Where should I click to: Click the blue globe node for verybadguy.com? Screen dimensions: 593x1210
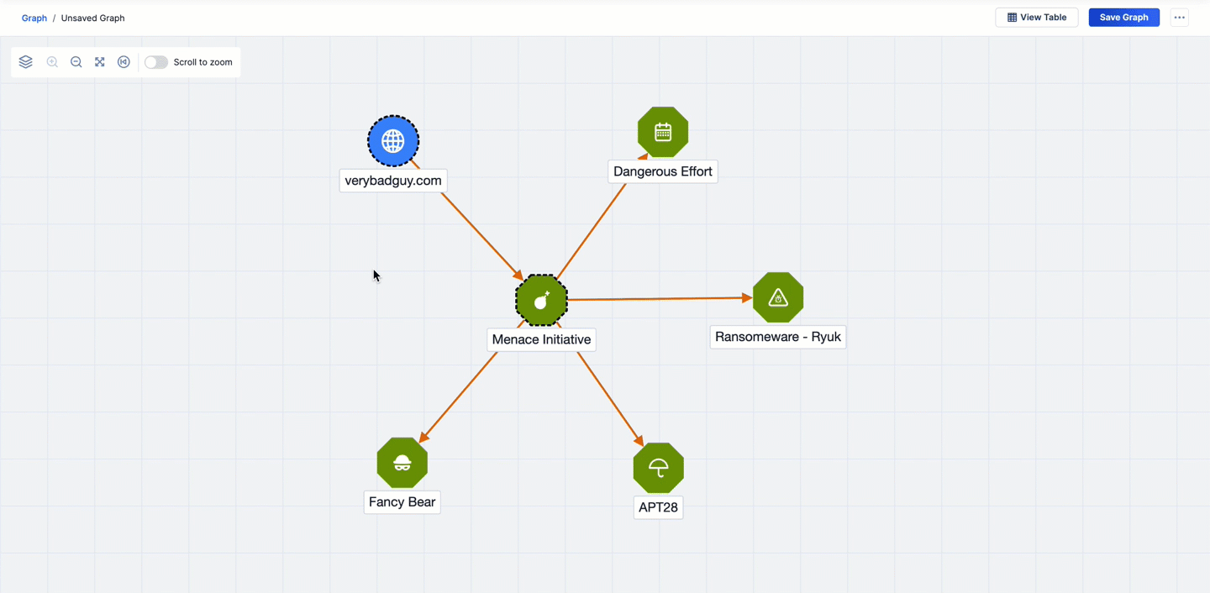[393, 141]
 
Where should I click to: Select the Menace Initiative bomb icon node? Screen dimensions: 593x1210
[541, 300]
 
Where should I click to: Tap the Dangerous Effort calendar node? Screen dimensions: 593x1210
[663, 132]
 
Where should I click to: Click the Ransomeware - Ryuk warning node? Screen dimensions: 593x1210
[778, 297]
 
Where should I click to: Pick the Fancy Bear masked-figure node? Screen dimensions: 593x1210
[402, 463]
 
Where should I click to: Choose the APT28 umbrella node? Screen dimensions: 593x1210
[658, 468]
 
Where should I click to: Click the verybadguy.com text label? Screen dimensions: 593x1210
[393, 181]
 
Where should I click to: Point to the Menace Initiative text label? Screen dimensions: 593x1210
[541, 339]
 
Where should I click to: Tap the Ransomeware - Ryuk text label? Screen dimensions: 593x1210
[778, 337]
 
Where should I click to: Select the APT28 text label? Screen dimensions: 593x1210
[658, 507]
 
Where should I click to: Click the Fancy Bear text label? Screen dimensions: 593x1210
[402, 502]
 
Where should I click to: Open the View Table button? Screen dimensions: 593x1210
[1037, 18]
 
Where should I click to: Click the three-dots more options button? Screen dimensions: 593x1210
[1180, 18]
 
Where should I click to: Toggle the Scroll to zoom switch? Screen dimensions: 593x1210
[156, 62]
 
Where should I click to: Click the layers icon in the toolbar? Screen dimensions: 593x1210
[26, 62]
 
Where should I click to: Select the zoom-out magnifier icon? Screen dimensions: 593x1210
[76, 62]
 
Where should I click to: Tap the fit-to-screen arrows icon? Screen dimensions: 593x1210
[100, 62]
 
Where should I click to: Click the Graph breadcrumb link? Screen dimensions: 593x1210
[34, 18]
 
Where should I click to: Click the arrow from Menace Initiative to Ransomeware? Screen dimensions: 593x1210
[660, 298]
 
